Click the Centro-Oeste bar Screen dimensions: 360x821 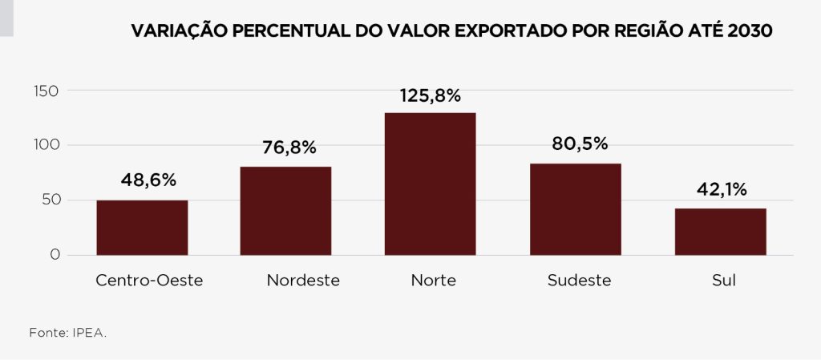point(142,228)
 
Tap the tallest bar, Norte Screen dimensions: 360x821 point(430,184)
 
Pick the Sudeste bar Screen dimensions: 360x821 point(575,209)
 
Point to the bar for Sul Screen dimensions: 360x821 point(720,232)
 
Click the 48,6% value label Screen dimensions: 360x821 point(148,180)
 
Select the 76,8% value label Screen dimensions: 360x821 point(289,148)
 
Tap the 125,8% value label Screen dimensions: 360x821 point(431,95)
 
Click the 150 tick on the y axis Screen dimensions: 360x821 point(47,91)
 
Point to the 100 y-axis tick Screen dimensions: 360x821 point(47,145)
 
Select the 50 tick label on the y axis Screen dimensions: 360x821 point(51,200)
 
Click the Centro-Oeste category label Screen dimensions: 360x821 point(149,281)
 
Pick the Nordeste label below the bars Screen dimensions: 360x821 point(303,281)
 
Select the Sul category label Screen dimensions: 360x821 point(723,281)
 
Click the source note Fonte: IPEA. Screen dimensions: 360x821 point(67,331)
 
